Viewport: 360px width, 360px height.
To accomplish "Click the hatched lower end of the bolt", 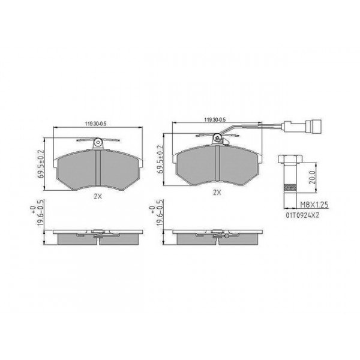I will click(289, 188).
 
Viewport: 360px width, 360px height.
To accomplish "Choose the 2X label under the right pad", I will click(217, 193).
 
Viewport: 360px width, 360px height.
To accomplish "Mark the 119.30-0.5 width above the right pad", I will click(214, 120).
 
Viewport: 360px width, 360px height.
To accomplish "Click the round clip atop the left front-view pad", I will click(97, 142).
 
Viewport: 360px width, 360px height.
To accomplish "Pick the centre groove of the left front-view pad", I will click(97, 169).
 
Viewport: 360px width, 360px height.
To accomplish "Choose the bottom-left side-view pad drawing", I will click(97, 236).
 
